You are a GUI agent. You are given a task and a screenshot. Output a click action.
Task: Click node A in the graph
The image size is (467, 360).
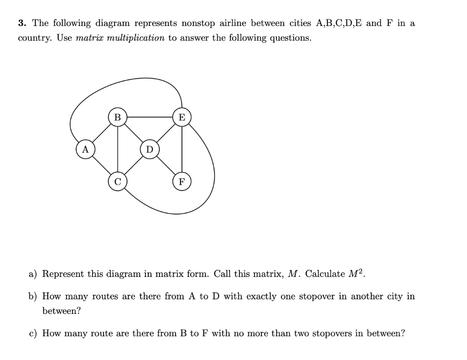coord(85,150)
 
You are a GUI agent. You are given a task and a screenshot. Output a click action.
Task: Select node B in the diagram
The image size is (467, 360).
coord(118,117)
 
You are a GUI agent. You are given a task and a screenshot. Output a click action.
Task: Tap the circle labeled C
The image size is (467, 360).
coord(118,182)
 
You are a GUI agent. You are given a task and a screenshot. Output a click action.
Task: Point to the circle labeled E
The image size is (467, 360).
coord(182,117)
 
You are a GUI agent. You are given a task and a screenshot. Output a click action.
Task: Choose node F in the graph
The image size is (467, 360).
coord(182,182)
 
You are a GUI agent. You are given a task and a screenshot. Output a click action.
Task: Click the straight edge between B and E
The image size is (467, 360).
coord(150,117)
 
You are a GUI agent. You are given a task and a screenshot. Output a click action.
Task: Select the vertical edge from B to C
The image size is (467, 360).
coord(118,150)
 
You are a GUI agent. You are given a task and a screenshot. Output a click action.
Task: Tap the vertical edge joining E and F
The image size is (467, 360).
coord(182,150)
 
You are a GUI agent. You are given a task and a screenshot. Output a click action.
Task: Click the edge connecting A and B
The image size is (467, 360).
coord(101,133)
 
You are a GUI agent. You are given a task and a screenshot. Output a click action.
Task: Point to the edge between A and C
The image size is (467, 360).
coord(101,166)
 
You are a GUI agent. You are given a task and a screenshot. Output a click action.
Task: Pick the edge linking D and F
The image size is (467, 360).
coord(166,166)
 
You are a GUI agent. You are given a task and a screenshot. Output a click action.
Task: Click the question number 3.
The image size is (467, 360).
coord(21,23)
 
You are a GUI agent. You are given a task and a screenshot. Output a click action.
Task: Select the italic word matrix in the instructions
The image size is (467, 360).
coord(89,38)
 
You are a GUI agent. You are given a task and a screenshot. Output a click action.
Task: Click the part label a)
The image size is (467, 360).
coord(33,274)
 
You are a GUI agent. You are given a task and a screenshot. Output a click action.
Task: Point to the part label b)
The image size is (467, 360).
coord(33,297)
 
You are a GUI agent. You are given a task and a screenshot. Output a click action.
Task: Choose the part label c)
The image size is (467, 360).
coord(33,334)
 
